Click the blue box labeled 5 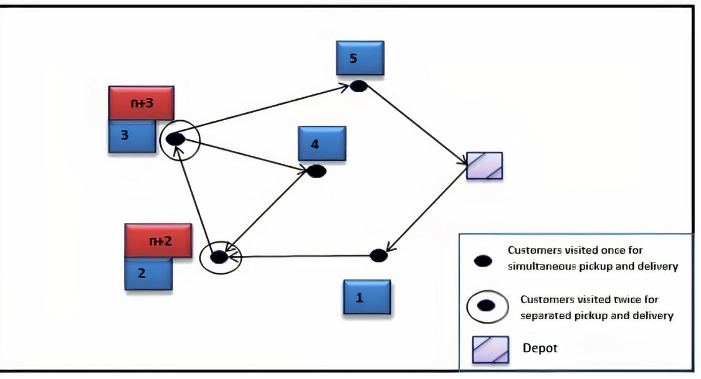[x=360, y=58]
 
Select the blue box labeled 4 [x=322, y=143]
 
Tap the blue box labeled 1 [x=366, y=297]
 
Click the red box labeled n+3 [x=141, y=103]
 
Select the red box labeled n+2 [x=158, y=241]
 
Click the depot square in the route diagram [x=485, y=166]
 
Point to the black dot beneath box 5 [x=358, y=86]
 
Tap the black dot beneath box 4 [x=316, y=171]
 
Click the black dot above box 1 [x=378, y=255]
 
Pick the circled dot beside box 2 [x=220, y=257]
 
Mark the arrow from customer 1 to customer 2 [x=305, y=256]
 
